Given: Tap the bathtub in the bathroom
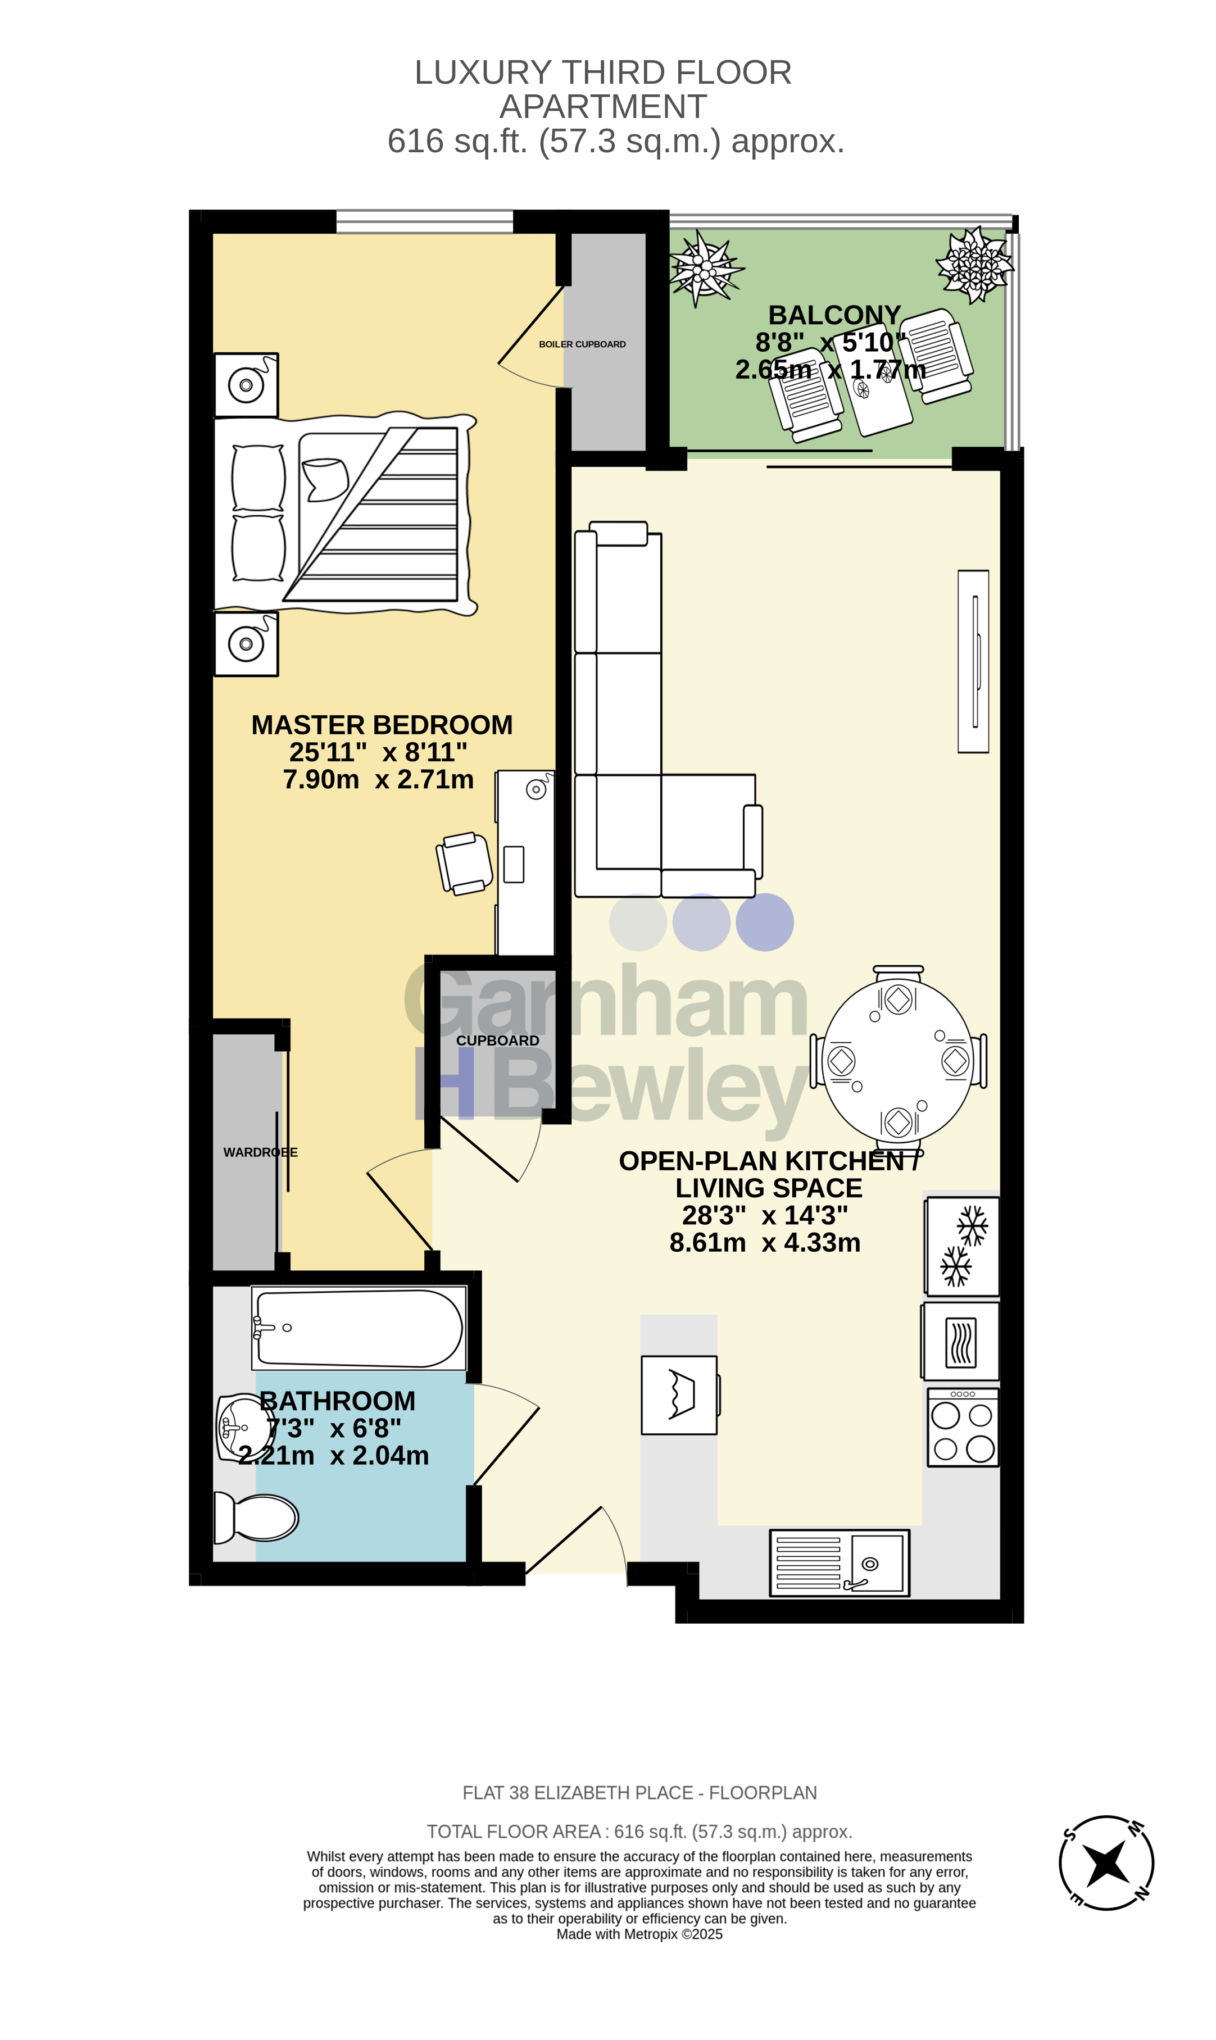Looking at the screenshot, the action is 359,1328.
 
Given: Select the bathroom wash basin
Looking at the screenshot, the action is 243,1428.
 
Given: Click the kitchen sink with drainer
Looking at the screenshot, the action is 839,1562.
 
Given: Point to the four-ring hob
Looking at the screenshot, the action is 963,1427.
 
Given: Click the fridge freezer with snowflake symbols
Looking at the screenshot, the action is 962,1246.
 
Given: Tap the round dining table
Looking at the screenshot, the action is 898,1060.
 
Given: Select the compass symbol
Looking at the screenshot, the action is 1106,1862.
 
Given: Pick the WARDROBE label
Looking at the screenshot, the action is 261,1152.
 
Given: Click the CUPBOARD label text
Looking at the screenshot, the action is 497,1041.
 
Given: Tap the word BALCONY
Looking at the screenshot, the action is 834,315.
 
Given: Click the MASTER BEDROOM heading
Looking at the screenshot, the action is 382,725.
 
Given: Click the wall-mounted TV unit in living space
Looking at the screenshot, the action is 973,661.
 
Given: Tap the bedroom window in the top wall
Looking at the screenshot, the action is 424,221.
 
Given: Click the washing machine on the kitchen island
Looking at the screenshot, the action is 679,1394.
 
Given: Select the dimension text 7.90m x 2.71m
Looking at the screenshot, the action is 379,779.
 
